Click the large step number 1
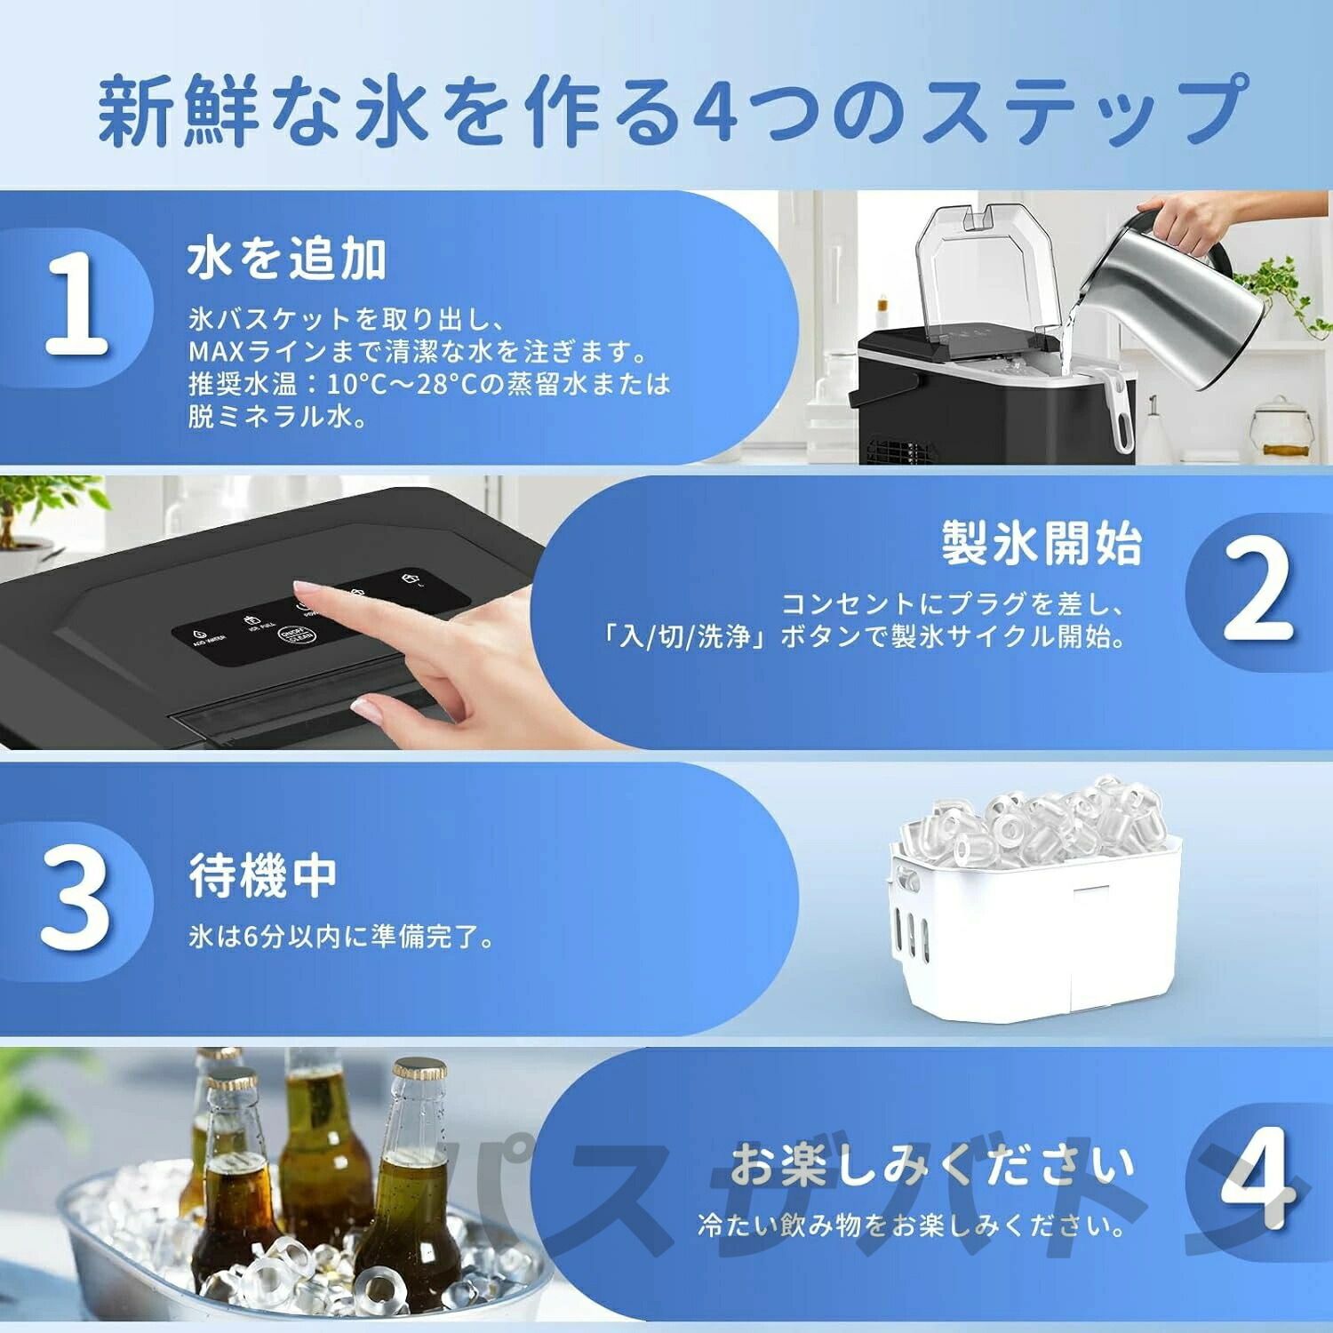coord(77,304)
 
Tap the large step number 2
coord(1257,590)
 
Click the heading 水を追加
coord(286,259)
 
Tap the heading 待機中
coord(263,875)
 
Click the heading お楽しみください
coord(932,1165)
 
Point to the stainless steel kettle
coord(1182,302)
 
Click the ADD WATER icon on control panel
coord(207,632)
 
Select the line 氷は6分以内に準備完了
coord(341,937)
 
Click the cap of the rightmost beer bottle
coord(419,1068)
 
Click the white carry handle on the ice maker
coord(1122,409)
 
